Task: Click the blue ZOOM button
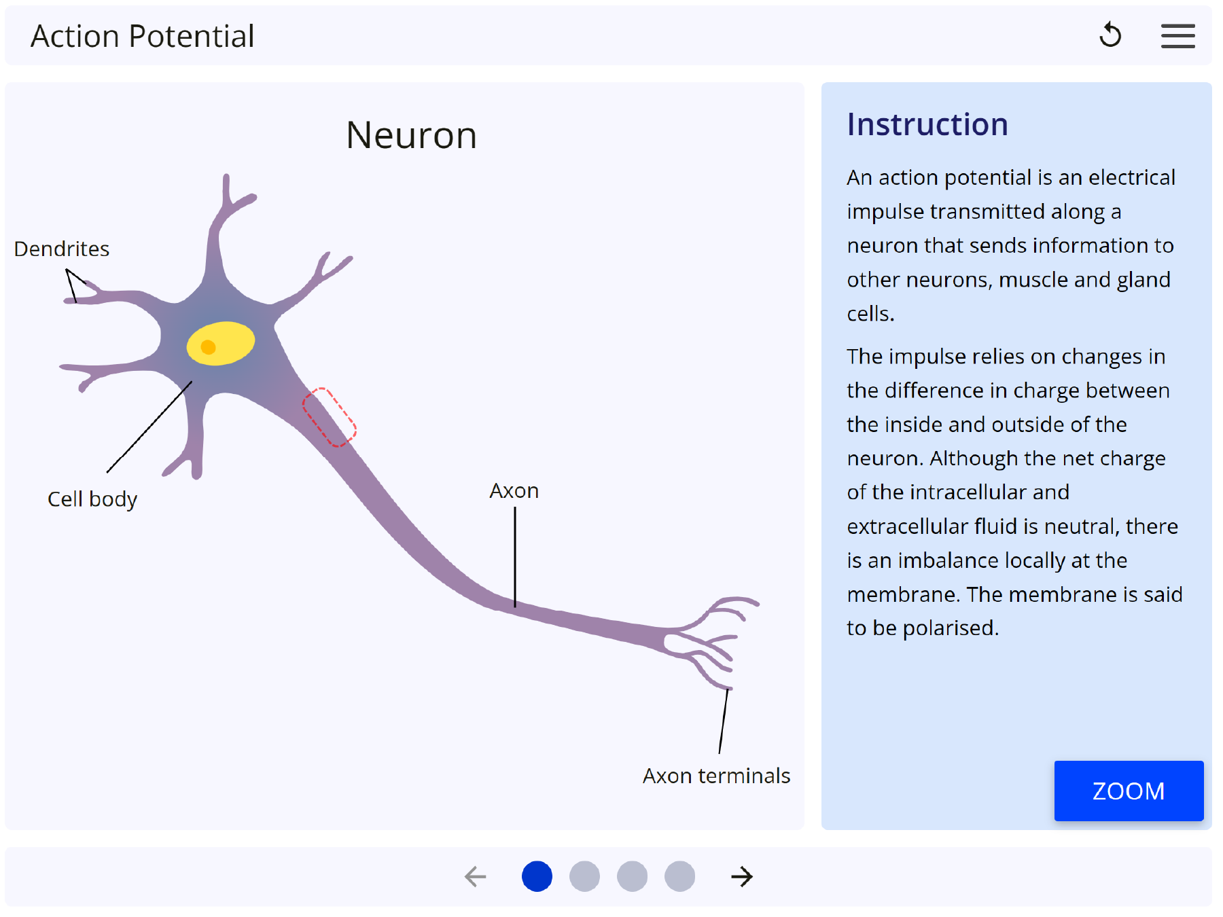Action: pos(1129,791)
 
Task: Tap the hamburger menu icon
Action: pos(1177,36)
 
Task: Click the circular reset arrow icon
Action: pos(1110,35)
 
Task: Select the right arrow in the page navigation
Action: pos(742,876)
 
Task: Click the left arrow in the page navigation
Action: pos(476,876)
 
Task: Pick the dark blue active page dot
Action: pos(537,876)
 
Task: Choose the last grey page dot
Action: pos(679,876)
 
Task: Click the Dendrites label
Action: pos(62,249)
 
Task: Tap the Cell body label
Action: pos(92,499)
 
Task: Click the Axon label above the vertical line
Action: pos(514,491)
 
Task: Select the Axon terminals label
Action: pos(716,776)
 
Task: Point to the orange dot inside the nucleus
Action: pos(209,348)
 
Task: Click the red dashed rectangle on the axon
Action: pos(330,417)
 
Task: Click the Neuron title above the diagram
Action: pos(411,135)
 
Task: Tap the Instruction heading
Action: pos(927,124)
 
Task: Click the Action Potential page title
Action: pos(143,36)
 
